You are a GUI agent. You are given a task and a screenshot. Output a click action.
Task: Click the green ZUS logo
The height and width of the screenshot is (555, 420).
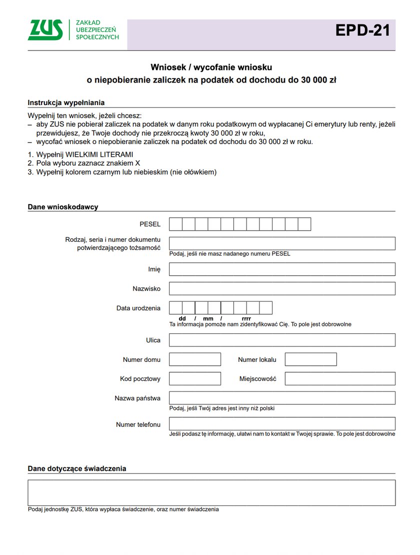pyautogui.click(x=45, y=30)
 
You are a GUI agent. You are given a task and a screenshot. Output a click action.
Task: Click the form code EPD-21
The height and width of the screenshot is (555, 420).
pyautogui.click(x=362, y=31)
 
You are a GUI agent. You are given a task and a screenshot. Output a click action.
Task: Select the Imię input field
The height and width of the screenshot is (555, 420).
pyautogui.click(x=282, y=269)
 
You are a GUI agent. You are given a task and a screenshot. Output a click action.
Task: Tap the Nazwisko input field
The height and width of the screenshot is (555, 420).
pyautogui.click(x=282, y=289)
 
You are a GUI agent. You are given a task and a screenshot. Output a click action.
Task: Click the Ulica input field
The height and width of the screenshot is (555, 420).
pyautogui.click(x=282, y=340)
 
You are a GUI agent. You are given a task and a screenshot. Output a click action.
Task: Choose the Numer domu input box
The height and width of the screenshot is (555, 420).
pyautogui.click(x=195, y=359)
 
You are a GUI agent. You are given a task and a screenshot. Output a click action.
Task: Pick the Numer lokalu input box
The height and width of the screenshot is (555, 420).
pyautogui.click(x=310, y=359)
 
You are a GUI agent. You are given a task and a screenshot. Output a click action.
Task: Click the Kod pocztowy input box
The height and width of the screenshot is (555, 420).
pyautogui.click(x=195, y=379)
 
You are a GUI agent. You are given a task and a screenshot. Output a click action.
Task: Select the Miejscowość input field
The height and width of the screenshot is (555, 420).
pyautogui.click(x=340, y=379)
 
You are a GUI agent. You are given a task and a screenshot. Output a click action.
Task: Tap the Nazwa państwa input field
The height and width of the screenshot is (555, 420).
pyautogui.click(x=282, y=398)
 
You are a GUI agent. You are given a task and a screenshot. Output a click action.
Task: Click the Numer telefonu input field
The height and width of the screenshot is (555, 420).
pyautogui.click(x=282, y=424)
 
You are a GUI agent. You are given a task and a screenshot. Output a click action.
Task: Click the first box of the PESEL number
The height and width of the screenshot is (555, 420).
pyautogui.click(x=175, y=224)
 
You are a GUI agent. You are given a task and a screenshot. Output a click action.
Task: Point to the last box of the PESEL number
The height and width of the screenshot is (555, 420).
pyautogui.click(x=304, y=224)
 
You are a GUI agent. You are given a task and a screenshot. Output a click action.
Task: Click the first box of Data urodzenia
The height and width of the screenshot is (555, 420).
pyautogui.click(x=175, y=308)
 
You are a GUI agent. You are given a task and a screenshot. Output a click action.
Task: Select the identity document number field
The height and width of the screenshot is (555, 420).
pyautogui.click(x=282, y=243)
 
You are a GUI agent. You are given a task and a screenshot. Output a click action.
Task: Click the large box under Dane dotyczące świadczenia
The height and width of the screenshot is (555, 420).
pyautogui.click(x=211, y=493)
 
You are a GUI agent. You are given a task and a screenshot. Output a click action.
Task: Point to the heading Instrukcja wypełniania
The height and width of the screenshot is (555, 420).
pyautogui.click(x=66, y=103)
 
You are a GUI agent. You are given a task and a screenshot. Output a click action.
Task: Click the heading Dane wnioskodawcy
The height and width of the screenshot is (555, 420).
pyautogui.click(x=63, y=207)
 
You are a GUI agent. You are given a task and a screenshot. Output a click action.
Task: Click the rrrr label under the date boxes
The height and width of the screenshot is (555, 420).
pyautogui.click(x=246, y=319)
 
